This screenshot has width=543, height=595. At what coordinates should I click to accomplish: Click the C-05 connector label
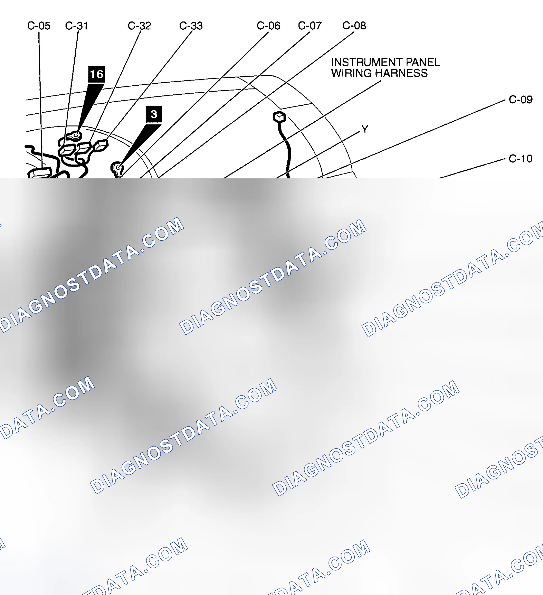pos(39,26)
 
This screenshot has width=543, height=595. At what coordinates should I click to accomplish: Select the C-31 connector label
pos(77,26)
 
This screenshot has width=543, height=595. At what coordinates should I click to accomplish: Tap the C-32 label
pos(139,26)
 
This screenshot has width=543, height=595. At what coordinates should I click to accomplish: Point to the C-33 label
pos(191,26)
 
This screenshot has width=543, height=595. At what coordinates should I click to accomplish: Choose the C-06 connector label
pos(268,26)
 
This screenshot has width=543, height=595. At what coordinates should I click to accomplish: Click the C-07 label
pos(310,26)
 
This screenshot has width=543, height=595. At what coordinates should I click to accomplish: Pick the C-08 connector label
pos(354,26)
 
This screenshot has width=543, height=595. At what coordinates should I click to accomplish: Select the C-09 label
pos(521,100)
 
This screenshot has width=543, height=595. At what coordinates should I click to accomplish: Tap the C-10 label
pos(521,159)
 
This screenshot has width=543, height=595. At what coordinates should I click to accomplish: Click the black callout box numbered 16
pos(97,74)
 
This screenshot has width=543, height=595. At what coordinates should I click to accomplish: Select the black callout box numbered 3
pos(154,114)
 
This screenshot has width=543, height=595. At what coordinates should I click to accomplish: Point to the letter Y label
pos(365,129)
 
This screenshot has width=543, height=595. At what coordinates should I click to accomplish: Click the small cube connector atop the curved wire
pos(279,117)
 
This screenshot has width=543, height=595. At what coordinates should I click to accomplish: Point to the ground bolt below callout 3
pos(118,168)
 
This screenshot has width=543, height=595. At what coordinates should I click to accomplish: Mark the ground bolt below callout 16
pos(75,136)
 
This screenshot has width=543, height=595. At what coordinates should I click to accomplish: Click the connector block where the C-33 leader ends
pos(101,145)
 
